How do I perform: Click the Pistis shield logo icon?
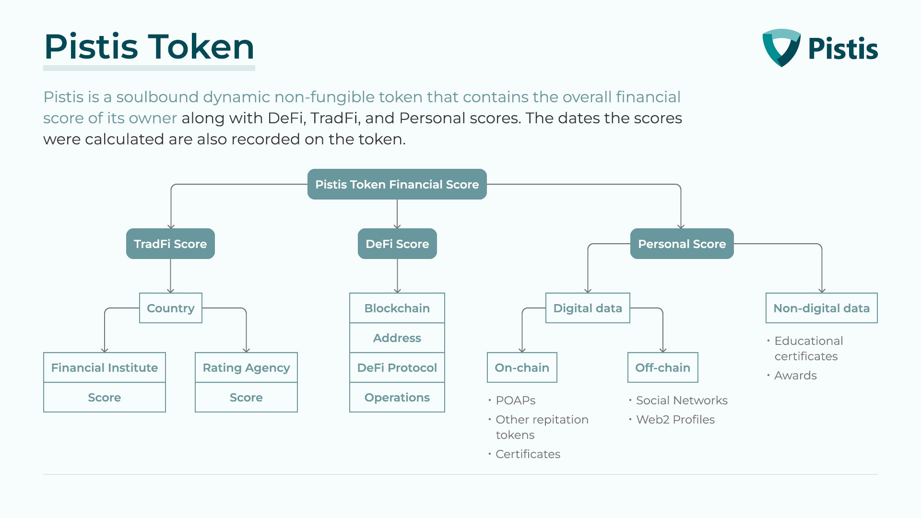pos(781,47)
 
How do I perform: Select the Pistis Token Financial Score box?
pos(397,184)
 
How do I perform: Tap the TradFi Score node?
pos(170,244)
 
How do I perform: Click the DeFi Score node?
pos(397,244)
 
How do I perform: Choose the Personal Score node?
pos(682,244)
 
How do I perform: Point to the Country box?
pos(171,308)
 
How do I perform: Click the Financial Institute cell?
pos(105,367)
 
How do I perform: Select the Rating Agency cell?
pos(246,367)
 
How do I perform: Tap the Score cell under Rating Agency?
pos(246,397)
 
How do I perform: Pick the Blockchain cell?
pos(397,308)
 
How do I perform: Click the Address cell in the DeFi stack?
pos(397,338)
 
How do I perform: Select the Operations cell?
pos(397,397)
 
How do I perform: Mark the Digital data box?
pos(588,308)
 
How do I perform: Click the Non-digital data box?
pos(822,308)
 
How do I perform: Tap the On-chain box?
pos(522,367)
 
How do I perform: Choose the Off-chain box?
pos(663,367)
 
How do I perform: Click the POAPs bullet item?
pos(512,400)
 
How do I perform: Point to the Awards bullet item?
pos(792,375)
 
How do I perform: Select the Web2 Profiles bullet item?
pos(672,419)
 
